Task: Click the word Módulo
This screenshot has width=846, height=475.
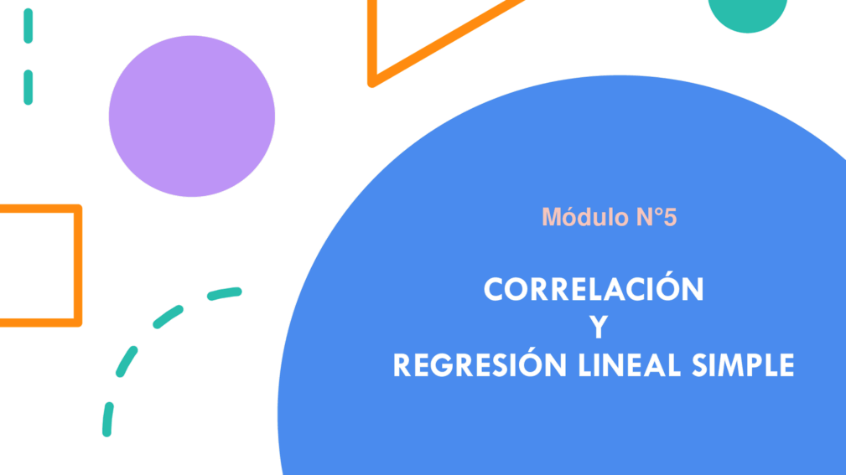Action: [585, 217]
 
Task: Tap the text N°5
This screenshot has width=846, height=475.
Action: [656, 217]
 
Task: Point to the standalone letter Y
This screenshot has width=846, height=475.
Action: [599, 327]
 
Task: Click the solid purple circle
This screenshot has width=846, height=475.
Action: [191, 116]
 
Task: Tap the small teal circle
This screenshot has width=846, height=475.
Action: [747, 11]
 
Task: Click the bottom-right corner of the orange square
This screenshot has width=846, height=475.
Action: [78, 323]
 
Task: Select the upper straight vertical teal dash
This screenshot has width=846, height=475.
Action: [28, 25]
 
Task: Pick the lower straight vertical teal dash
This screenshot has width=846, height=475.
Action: [28, 87]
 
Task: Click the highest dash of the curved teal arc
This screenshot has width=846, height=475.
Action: [225, 293]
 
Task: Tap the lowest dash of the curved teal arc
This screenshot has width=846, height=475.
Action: [108, 419]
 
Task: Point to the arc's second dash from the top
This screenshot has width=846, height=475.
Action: [168, 317]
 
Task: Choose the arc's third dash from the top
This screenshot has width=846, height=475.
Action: [127, 361]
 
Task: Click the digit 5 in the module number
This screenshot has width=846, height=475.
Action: [670, 217]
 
